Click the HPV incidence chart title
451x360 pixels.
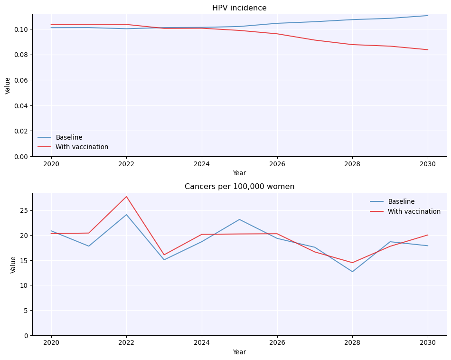(x=239, y=8)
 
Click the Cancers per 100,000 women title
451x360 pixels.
(x=239, y=187)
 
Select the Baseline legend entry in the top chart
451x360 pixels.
(x=69, y=138)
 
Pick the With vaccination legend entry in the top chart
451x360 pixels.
(x=82, y=147)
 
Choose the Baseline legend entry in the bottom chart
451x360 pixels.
(x=401, y=202)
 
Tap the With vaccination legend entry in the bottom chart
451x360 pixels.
(x=414, y=212)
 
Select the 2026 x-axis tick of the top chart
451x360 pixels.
(x=277, y=164)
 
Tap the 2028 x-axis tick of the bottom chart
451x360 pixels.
(x=352, y=343)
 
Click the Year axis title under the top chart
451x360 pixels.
(x=239, y=173)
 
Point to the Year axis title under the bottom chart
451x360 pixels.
(x=239, y=352)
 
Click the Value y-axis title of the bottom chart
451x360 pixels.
(x=13, y=265)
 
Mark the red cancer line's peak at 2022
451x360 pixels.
(x=126, y=197)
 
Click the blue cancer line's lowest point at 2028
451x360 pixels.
(x=352, y=272)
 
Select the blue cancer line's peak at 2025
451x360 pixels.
(x=239, y=219)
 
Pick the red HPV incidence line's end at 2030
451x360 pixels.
(x=428, y=50)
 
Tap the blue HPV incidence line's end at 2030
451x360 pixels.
(x=428, y=16)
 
